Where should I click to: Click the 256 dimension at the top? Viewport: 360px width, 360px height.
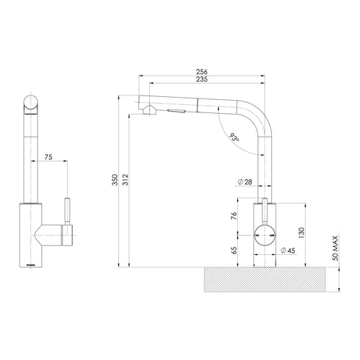[201, 71]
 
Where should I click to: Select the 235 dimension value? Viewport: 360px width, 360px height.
[201, 80]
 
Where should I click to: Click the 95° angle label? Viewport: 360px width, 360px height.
[234, 137]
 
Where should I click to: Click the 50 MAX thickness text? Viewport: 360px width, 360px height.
[334, 248]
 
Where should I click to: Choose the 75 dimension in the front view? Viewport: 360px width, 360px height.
[48, 156]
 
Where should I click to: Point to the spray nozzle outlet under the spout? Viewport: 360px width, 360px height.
[150, 110]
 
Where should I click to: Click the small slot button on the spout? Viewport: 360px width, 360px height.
[177, 110]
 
